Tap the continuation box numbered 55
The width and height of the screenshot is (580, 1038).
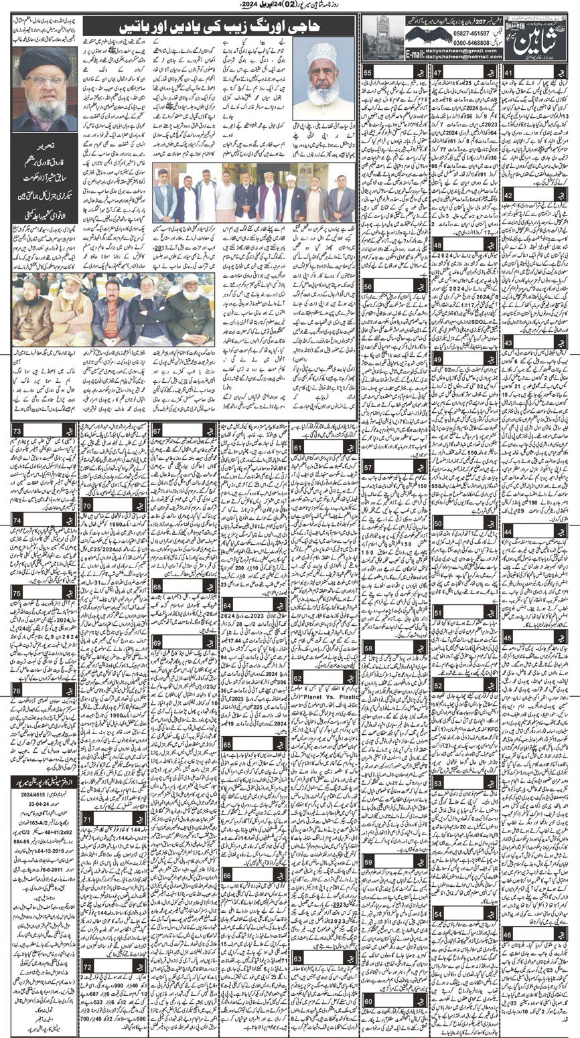[x=368, y=72]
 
